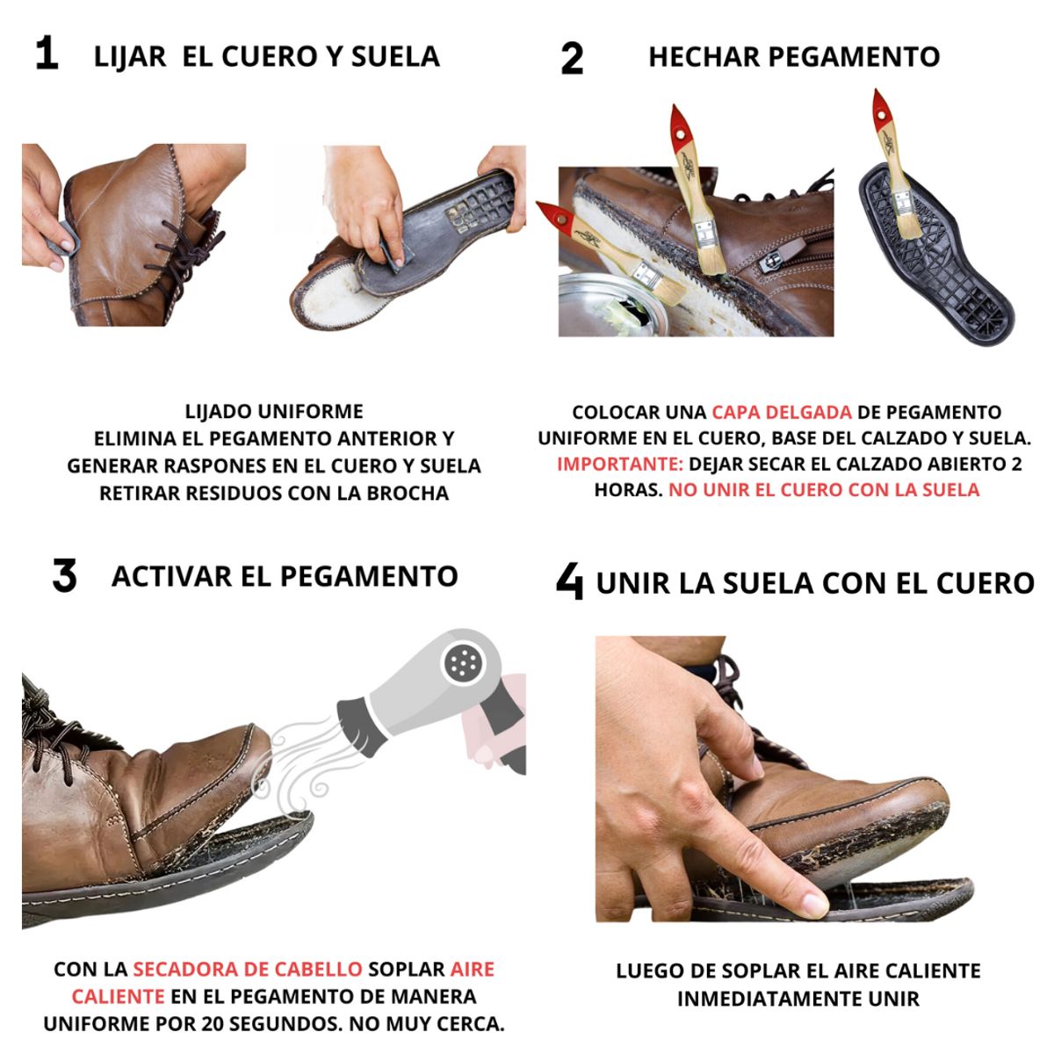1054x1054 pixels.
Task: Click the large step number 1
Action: coord(46,54)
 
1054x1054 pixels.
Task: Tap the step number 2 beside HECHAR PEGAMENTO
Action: coord(572,59)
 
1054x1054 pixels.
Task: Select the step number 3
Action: coord(64,577)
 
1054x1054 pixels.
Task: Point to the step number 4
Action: coord(569,581)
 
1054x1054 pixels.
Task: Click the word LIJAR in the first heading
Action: coord(130,56)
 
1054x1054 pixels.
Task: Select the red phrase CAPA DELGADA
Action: coord(781,412)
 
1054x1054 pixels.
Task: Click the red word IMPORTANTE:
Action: coord(619,464)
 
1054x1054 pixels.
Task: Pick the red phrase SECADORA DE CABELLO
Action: coord(247,970)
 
